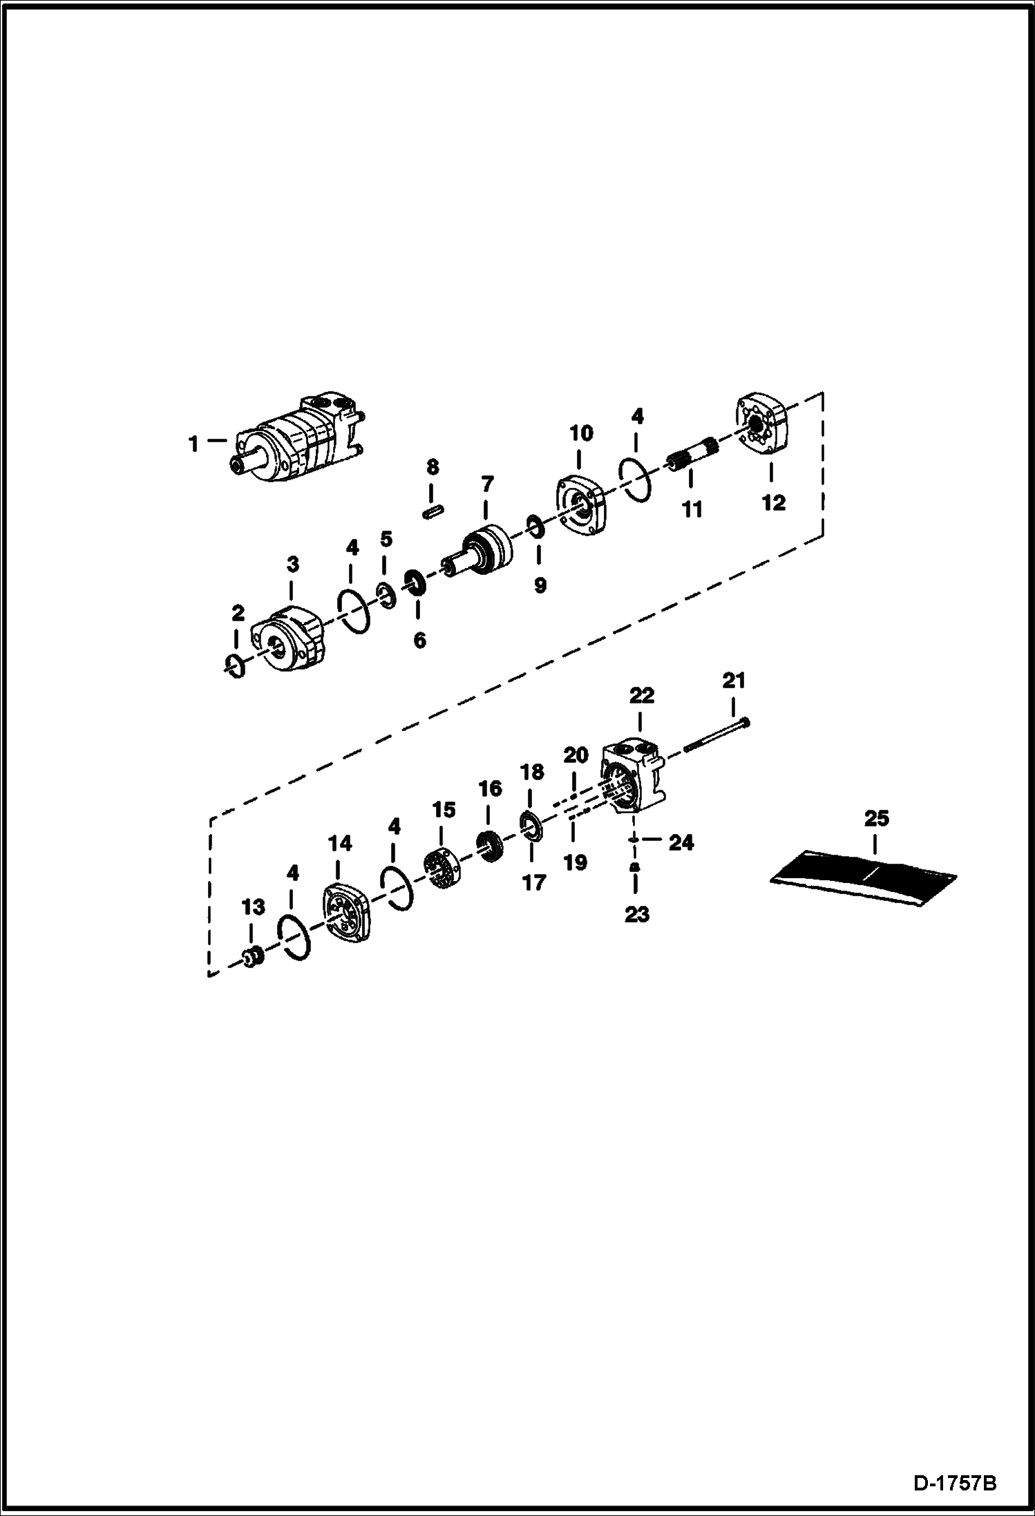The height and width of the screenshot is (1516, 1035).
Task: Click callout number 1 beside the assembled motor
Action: [194, 443]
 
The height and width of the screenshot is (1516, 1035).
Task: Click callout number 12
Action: [774, 502]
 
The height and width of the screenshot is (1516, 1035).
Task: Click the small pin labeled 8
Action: [433, 511]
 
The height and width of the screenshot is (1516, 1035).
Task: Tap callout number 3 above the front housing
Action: [293, 564]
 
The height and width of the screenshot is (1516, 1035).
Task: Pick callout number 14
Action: [340, 843]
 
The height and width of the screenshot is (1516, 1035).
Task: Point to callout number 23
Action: [636, 914]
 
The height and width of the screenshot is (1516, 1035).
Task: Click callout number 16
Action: [490, 788]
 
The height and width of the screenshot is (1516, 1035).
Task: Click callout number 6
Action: [419, 640]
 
